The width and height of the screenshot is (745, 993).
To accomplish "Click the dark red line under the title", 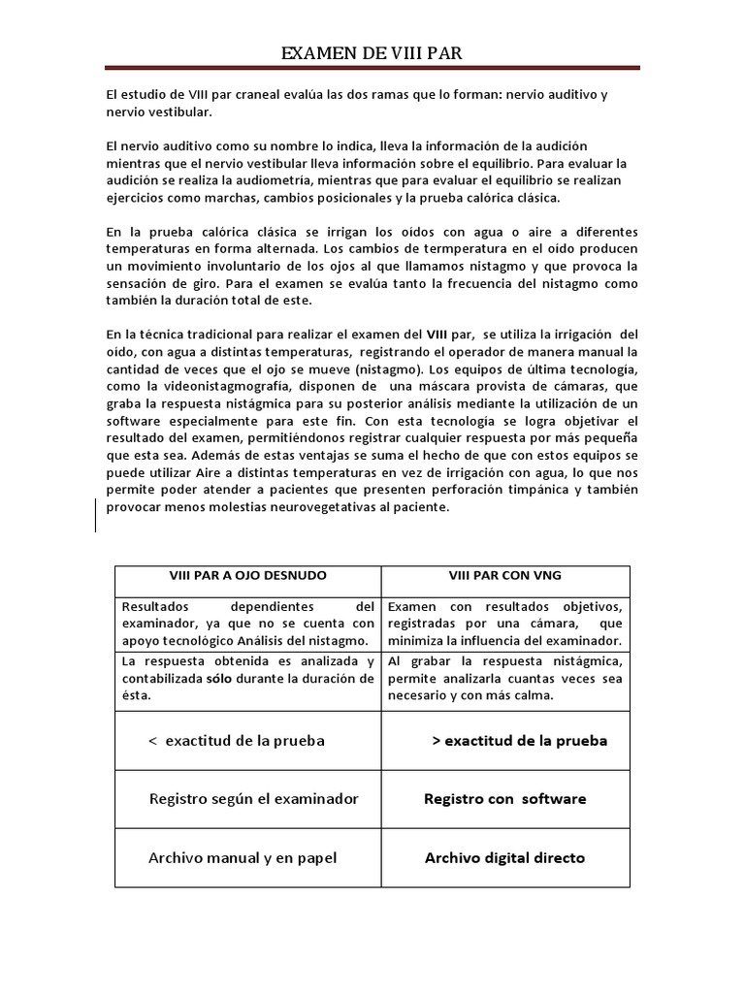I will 372,68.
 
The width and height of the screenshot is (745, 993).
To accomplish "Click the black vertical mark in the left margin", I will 95,515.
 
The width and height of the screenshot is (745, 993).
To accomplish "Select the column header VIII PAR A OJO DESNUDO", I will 247,576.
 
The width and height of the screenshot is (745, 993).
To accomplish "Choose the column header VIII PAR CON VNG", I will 504,576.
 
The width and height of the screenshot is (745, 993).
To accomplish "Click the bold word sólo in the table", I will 220,678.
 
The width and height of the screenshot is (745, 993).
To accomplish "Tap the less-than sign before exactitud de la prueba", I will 152,741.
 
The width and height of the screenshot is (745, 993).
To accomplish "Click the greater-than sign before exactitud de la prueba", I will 436,741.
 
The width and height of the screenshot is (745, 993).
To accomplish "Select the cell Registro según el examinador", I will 253,799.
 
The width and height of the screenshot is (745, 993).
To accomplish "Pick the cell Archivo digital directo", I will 504,857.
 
